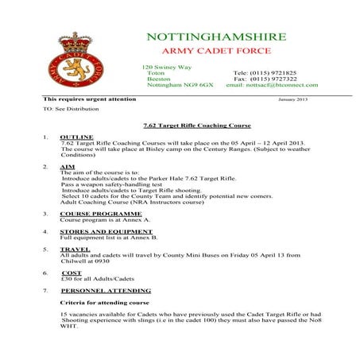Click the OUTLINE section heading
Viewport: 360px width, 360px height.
coord(76,137)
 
